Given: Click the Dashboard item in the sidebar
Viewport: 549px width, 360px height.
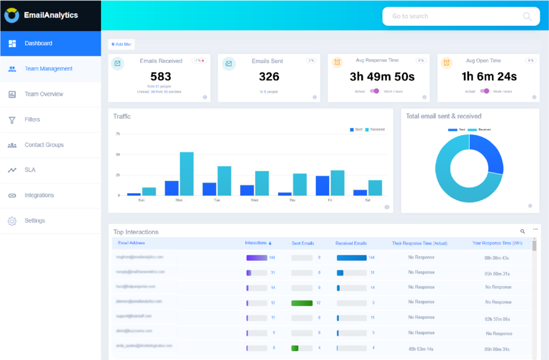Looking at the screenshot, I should [x=38, y=43].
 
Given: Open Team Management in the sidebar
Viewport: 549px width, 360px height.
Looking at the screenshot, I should [x=48, y=69].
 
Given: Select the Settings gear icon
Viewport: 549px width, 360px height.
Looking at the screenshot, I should [x=12, y=221].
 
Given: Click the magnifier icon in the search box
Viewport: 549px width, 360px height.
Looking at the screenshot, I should [x=527, y=16].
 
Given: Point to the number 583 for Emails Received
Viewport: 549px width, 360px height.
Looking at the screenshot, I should [x=161, y=77].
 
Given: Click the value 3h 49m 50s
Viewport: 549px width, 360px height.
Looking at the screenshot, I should [x=382, y=77].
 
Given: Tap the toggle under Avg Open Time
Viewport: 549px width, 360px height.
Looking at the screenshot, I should [x=485, y=91].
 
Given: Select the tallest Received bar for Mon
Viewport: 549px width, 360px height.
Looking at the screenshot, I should [x=187, y=174].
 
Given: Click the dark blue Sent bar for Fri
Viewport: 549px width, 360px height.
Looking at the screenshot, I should [x=322, y=186].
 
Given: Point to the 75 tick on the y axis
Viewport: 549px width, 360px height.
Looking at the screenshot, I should [x=117, y=134].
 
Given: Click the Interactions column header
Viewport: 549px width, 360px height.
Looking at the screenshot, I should [x=257, y=243].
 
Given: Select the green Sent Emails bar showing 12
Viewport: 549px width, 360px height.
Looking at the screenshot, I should [x=301, y=303].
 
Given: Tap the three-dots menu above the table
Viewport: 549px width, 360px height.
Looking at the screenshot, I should [x=535, y=230].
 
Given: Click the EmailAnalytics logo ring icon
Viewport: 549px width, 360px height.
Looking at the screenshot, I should [x=12, y=16].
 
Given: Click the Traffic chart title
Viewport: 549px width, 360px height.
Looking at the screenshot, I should [x=122, y=116].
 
